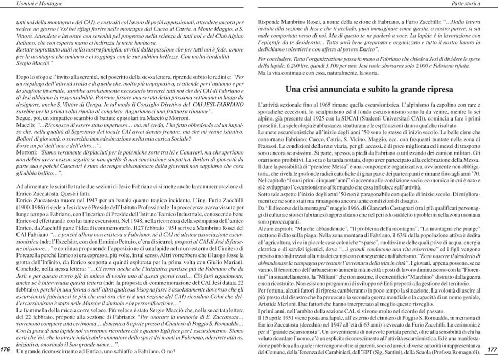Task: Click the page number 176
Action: point(6,349)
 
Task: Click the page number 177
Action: point(491,349)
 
